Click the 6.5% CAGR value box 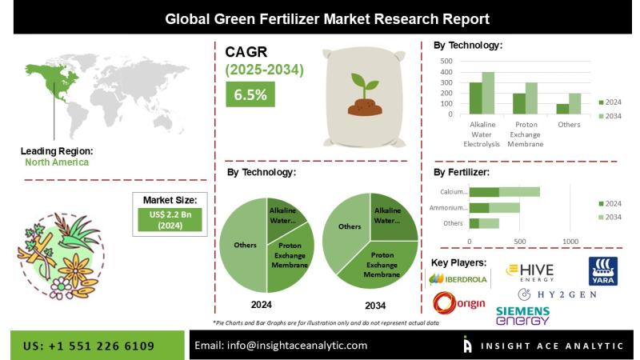[x=250, y=95]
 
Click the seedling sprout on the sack [x=365, y=90]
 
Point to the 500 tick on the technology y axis [x=446, y=61]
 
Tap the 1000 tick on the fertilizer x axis [x=570, y=241]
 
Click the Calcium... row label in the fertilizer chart [x=453, y=192]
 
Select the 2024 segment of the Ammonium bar [x=478, y=207]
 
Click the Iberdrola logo [x=458, y=279]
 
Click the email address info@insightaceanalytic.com [x=281, y=345]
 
